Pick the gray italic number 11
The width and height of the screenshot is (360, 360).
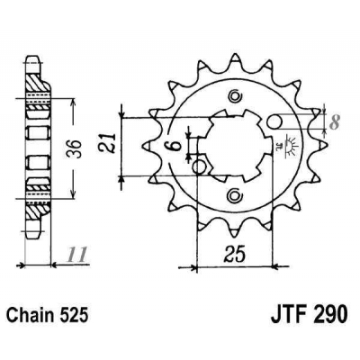[x=83, y=255]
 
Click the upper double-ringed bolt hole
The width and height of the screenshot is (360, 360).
[x=235, y=97]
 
